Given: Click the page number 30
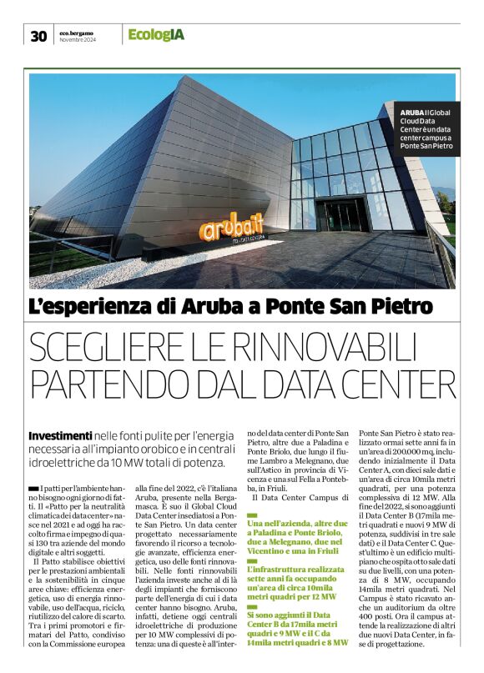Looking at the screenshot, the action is pos(38,35).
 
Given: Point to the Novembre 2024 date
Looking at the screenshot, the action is pos(78,39).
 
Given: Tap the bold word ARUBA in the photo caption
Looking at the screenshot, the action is pos(411,113).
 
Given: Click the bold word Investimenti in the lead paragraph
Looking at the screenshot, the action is pos(60,436).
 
